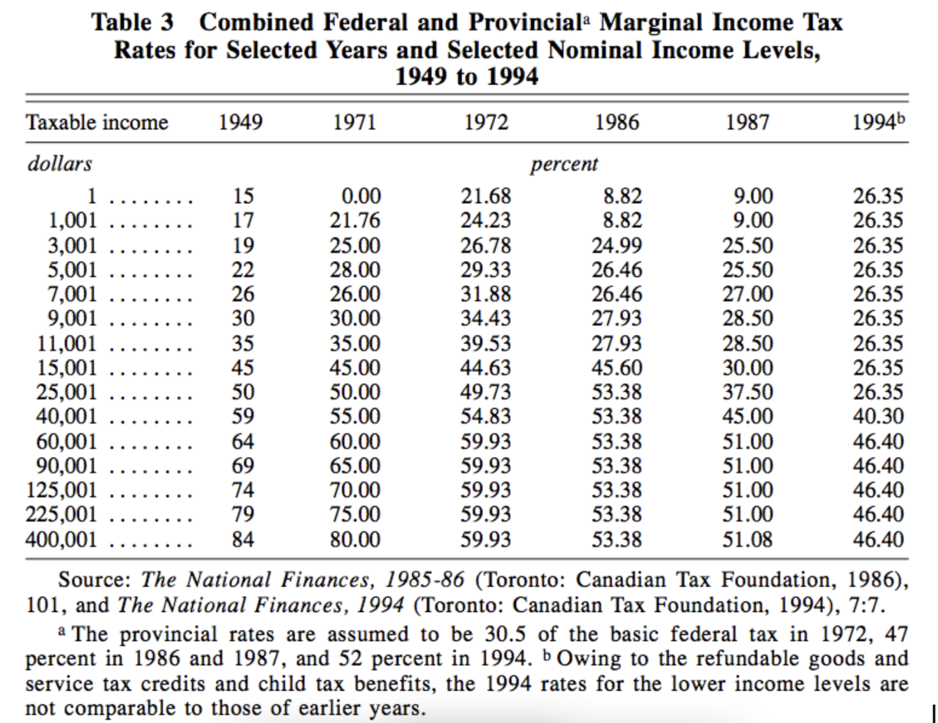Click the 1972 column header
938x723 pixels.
tap(486, 123)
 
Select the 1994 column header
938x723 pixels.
tap(878, 123)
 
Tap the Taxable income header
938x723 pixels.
tap(98, 123)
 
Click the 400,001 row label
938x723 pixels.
tap(62, 539)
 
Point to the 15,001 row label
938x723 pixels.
tap(67, 368)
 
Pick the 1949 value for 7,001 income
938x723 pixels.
tap(242, 294)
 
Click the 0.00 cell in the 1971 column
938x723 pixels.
tap(361, 196)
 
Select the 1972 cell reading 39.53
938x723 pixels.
tap(486, 344)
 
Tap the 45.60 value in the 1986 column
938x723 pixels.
tap(617, 368)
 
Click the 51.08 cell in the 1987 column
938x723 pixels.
tap(747, 539)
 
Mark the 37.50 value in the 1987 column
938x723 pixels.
tap(747, 392)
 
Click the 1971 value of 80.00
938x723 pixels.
tap(355, 539)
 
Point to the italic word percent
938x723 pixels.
tap(564, 164)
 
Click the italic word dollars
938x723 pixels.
tap(60, 164)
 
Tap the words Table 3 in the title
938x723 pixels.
tap(132, 23)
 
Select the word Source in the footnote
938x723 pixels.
tap(94, 580)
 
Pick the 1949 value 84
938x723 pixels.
tap(242, 539)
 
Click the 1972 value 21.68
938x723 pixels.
tap(486, 196)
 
